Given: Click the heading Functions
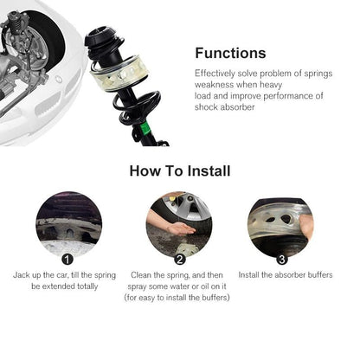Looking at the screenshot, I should tap(230, 53).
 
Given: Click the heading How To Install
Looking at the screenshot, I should tap(180, 170).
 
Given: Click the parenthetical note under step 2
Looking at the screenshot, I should tap(177, 298).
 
